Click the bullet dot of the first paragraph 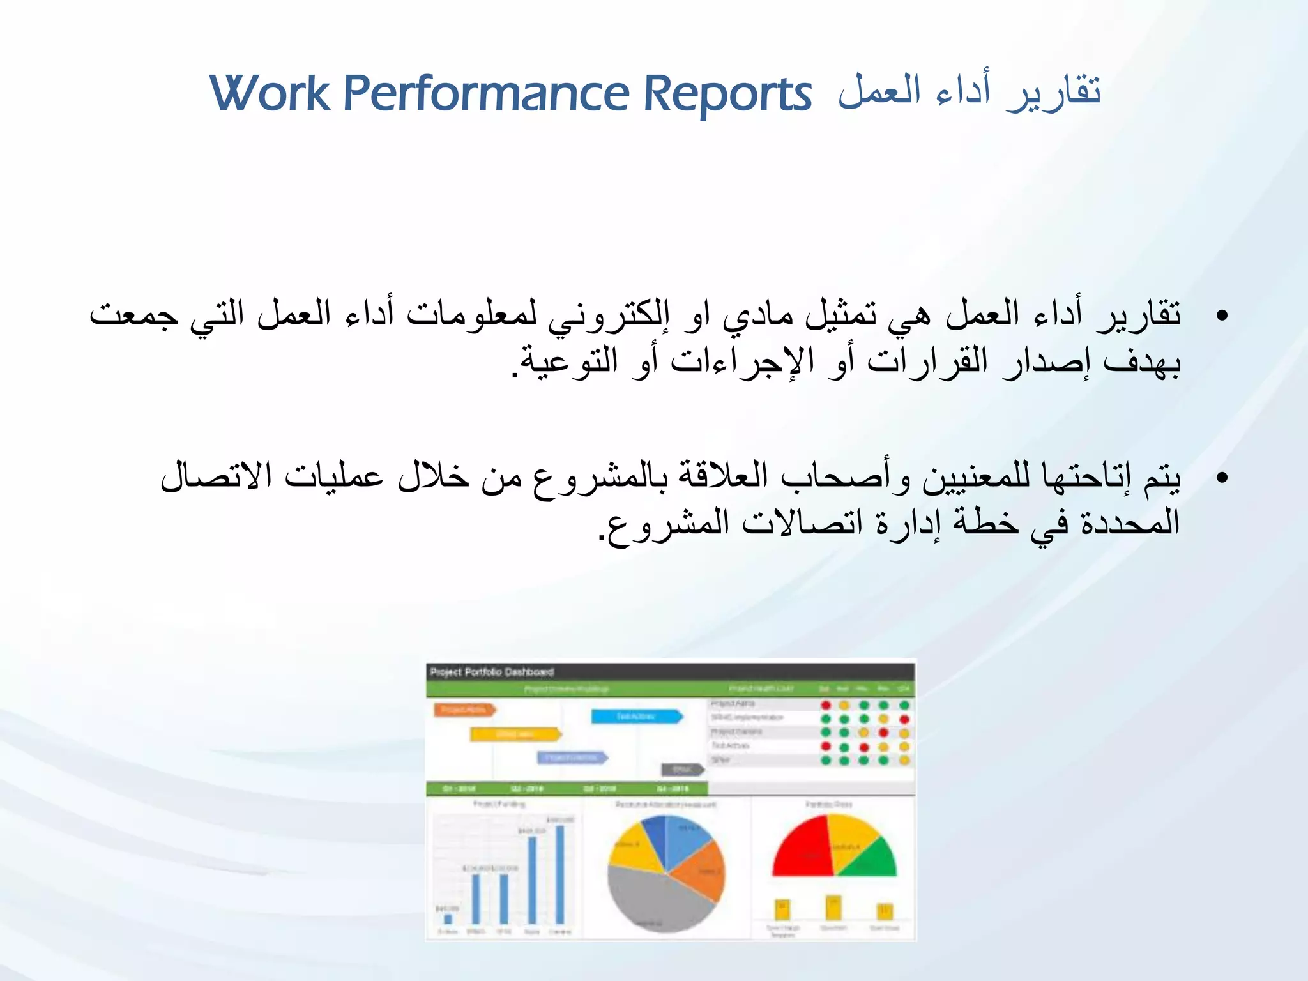(x=1222, y=316)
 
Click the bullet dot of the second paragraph (x=1222, y=478)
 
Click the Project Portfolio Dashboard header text (x=492, y=672)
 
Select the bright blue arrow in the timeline (x=636, y=717)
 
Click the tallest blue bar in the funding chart (x=560, y=875)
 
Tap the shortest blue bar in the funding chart (x=448, y=919)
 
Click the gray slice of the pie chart (x=651, y=901)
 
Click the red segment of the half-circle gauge (x=802, y=849)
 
